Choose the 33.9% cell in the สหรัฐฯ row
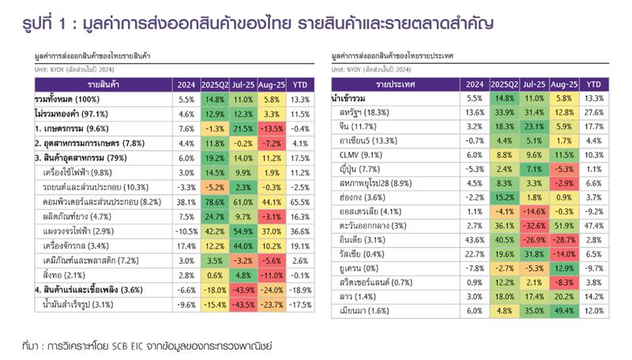click(x=502, y=112)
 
